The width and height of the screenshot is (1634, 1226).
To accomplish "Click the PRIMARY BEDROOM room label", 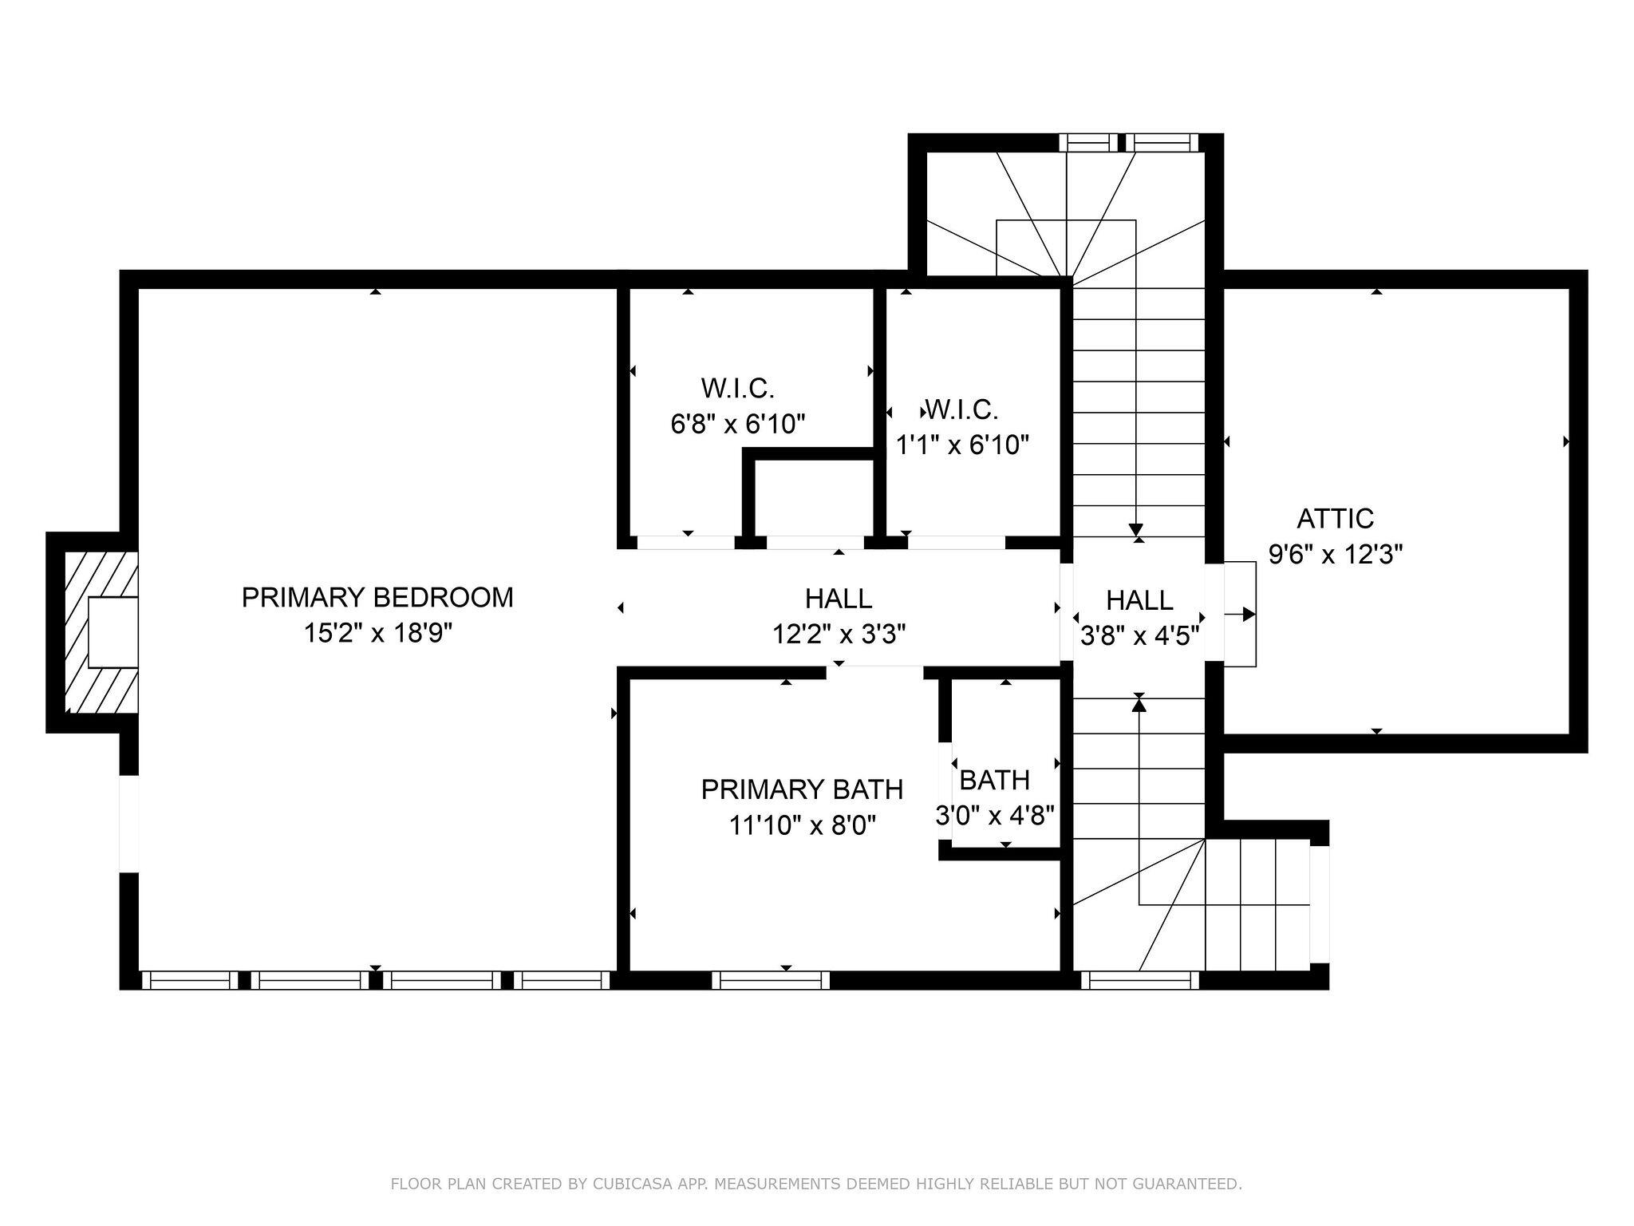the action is tap(377, 597).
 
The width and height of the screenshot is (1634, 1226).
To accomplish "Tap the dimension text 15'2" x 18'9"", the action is tap(377, 633).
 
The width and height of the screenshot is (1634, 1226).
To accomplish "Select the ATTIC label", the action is tap(1335, 519).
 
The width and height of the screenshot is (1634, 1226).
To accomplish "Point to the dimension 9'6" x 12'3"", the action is tap(1336, 554).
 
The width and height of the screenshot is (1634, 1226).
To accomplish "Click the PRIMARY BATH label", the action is tap(802, 789).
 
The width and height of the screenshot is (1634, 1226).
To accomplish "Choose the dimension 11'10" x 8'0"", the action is tap(803, 825).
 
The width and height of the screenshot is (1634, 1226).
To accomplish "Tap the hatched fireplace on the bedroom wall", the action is tap(101, 631).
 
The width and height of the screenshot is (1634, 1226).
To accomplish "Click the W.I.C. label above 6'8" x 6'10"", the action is tap(738, 389).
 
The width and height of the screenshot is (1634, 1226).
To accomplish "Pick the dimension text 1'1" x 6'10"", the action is tap(962, 445).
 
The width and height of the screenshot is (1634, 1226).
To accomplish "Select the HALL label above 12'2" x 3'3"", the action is tap(838, 598).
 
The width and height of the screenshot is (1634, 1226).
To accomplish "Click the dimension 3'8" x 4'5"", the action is tap(1139, 636).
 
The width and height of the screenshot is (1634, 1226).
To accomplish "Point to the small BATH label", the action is tap(994, 779).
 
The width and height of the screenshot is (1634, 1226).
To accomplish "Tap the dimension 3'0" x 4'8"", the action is tap(995, 815).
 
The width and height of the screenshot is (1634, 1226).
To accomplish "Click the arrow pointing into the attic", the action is tap(1240, 615).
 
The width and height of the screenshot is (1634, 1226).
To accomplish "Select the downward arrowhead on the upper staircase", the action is tap(1136, 530).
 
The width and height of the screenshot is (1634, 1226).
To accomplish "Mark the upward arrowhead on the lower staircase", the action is tap(1139, 703).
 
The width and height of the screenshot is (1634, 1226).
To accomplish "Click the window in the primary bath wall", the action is tap(771, 979).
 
